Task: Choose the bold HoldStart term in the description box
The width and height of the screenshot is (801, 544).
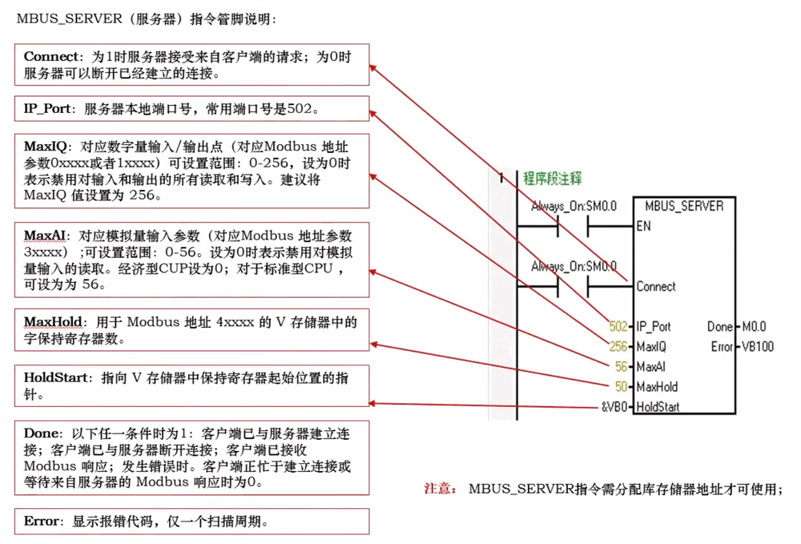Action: click(x=55, y=377)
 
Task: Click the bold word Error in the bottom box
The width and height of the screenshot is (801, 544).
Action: click(x=42, y=522)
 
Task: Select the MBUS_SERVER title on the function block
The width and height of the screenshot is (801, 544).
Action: click(x=683, y=207)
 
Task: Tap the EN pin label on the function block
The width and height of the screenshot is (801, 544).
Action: click(x=643, y=226)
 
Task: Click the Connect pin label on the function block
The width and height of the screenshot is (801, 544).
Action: click(x=656, y=286)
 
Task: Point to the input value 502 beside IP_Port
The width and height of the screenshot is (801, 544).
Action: click(x=618, y=327)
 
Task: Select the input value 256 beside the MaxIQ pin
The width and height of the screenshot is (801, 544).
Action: click(x=618, y=347)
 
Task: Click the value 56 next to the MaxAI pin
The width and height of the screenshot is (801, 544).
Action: click(x=622, y=367)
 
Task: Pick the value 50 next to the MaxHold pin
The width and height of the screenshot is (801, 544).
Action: click(x=622, y=387)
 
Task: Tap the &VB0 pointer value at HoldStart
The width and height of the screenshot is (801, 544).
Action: click(x=614, y=407)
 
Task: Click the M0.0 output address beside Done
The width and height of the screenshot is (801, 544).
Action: click(x=754, y=327)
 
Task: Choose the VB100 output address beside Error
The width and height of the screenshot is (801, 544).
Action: click(x=757, y=347)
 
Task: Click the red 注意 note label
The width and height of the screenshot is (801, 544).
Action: click(x=440, y=489)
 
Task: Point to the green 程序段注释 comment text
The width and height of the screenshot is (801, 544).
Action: click(x=553, y=178)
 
